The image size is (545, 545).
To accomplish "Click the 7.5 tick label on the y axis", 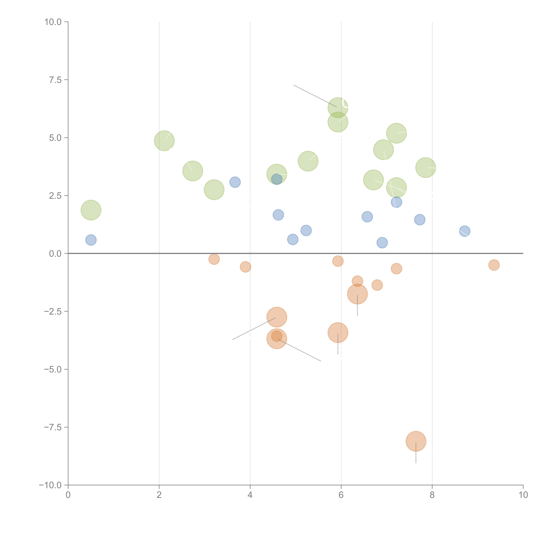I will pyautogui.click(x=55, y=80).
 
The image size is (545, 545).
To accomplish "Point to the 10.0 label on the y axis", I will pyautogui.click(x=53, y=22).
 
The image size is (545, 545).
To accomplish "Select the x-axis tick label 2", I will pyautogui.click(x=159, y=495).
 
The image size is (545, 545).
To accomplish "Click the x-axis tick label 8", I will pyautogui.click(x=432, y=495).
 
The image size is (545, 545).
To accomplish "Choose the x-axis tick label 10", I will pyautogui.click(x=523, y=495).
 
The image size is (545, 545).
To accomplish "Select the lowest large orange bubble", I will pyautogui.click(x=416, y=441).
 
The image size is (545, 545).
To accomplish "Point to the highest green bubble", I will pyautogui.click(x=338, y=107).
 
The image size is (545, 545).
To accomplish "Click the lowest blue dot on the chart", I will pyautogui.click(x=382, y=243).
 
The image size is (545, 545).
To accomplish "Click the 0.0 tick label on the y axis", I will pyautogui.click(x=55, y=254).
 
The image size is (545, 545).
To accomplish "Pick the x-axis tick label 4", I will pyautogui.click(x=250, y=495).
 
